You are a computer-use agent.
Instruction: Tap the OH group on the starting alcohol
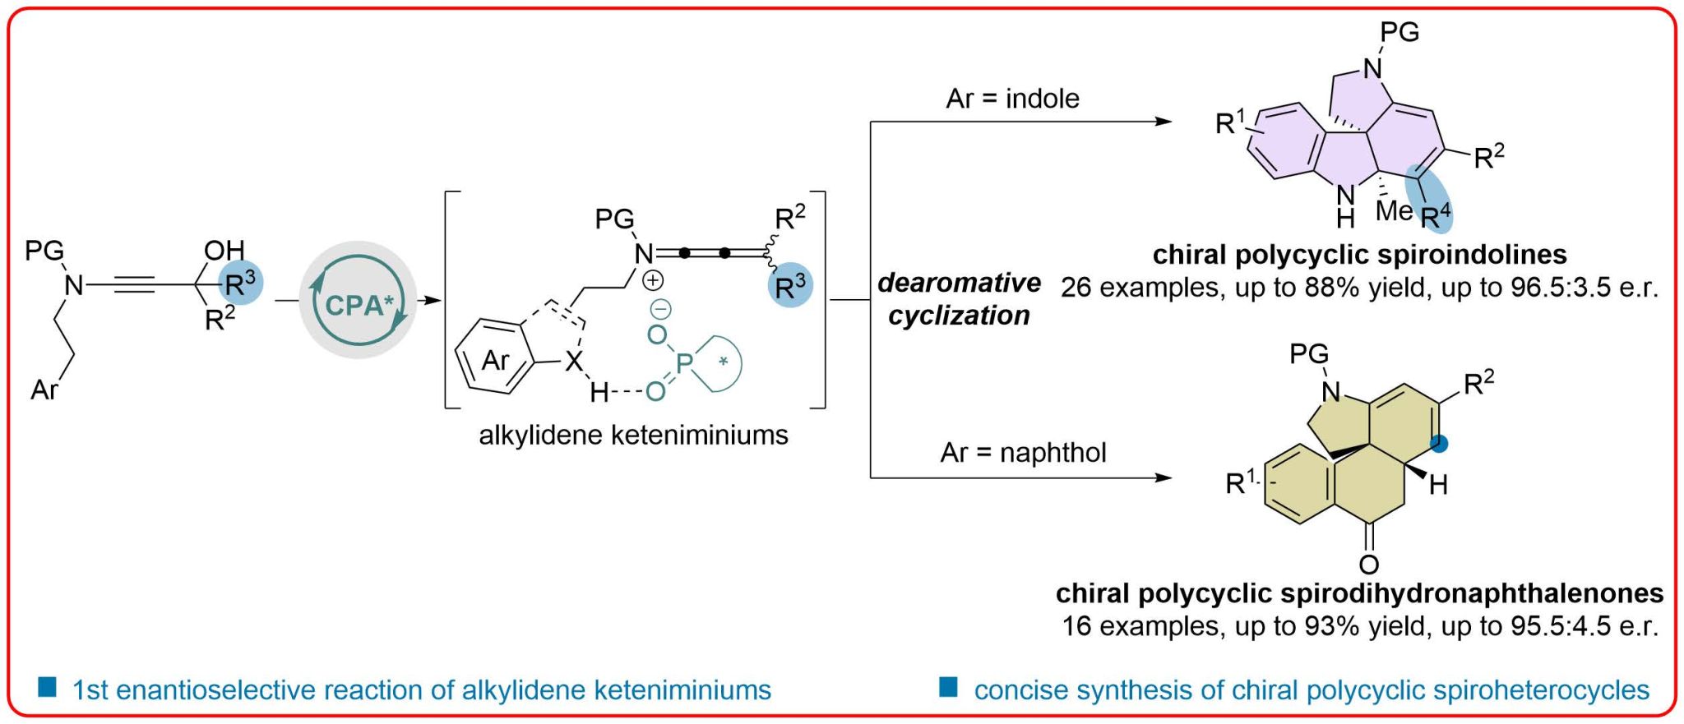pos(224,250)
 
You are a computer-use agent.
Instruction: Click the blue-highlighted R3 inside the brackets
pos(789,286)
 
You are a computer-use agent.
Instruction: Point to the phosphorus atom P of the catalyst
pos(684,362)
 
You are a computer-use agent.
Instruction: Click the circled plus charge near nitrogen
pos(652,281)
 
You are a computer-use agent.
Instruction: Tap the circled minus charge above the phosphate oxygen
pos(661,309)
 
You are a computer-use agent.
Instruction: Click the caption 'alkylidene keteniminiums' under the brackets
pos(633,434)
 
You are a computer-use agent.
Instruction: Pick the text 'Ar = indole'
pos(1012,99)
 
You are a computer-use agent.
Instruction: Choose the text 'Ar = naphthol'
pos(1023,452)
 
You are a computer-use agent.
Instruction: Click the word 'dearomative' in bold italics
pos(959,283)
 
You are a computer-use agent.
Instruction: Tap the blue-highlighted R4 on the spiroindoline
pos(1435,215)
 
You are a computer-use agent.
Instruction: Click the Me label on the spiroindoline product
pos(1394,211)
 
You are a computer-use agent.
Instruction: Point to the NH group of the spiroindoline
pos(1345,205)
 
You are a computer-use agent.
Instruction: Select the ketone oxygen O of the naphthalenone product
pos(1368,564)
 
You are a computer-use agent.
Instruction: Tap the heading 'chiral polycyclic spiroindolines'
pos(1359,254)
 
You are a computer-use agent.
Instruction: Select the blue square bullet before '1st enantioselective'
pos(48,687)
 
